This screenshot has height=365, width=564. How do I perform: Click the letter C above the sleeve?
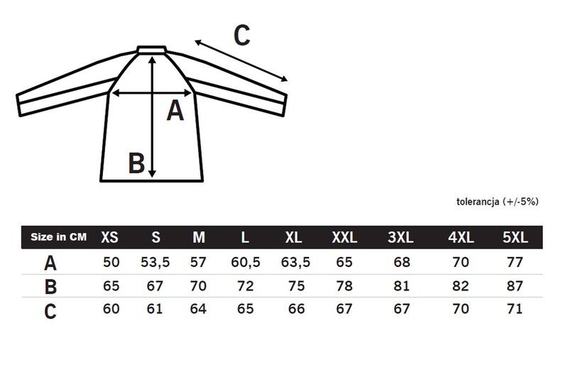click(x=242, y=35)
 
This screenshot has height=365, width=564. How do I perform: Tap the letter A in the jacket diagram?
click(x=175, y=110)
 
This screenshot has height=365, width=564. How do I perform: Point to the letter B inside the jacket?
click(x=136, y=163)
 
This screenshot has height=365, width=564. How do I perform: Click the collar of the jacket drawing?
click(x=151, y=50)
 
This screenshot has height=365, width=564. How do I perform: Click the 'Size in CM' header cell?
click(x=59, y=237)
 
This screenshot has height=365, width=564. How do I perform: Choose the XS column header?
click(x=109, y=237)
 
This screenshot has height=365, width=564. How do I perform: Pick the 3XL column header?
click(x=401, y=237)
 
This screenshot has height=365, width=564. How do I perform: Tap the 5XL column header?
click(x=515, y=237)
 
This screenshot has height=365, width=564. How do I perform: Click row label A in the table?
click(x=50, y=263)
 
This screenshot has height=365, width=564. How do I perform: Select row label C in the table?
click(x=50, y=312)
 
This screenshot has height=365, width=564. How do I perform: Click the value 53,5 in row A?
click(x=155, y=263)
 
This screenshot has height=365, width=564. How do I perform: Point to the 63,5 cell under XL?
click(x=295, y=263)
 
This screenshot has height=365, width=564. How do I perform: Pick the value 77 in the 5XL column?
click(x=515, y=262)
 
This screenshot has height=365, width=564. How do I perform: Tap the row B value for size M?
click(x=198, y=286)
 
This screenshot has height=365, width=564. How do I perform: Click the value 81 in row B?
click(x=401, y=286)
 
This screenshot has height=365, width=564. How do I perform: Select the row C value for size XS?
click(x=111, y=309)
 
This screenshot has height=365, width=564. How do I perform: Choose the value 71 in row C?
click(x=515, y=309)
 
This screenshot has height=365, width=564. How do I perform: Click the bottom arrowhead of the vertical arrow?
click(x=152, y=173)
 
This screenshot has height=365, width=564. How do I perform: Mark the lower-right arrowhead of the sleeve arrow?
click(x=284, y=79)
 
